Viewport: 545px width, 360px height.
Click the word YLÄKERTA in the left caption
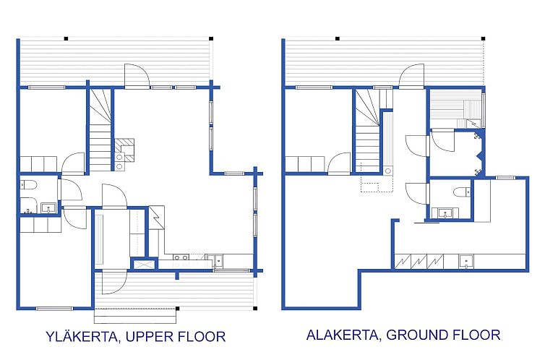click(x=82, y=336)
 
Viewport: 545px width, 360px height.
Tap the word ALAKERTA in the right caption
click(x=343, y=335)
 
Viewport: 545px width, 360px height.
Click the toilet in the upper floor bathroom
click(x=28, y=185)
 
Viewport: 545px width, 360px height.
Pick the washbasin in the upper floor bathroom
click(x=48, y=208)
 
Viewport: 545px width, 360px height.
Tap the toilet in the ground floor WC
click(x=463, y=192)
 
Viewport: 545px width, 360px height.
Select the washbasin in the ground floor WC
click(x=445, y=213)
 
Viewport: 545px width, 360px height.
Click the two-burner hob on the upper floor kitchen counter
click(x=181, y=257)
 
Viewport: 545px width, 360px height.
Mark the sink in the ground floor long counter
click(x=465, y=261)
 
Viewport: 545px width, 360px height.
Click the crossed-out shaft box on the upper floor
click(x=144, y=264)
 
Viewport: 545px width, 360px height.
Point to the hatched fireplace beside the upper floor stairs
click(x=124, y=150)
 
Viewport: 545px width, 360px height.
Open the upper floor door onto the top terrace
click(x=137, y=75)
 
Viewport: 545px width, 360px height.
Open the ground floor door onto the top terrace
click(x=411, y=75)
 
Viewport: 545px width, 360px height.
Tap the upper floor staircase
click(x=100, y=130)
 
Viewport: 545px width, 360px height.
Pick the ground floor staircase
click(x=367, y=131)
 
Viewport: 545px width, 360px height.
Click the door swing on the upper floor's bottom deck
click(x=115, y=282)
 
